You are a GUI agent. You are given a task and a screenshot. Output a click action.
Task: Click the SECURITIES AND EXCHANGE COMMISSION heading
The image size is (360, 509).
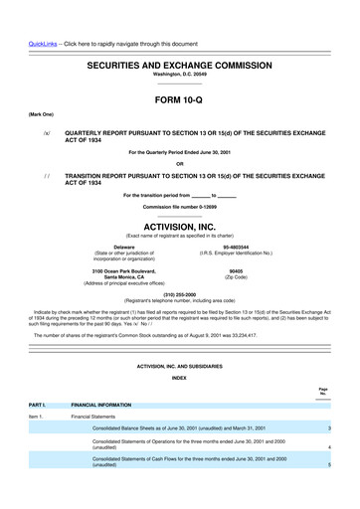180,64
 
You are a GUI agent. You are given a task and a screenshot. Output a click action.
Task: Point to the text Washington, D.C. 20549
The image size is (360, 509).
180,75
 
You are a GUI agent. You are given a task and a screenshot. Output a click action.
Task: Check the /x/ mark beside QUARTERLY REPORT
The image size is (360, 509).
46,132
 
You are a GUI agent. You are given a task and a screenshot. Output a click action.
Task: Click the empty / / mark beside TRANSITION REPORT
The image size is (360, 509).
46,173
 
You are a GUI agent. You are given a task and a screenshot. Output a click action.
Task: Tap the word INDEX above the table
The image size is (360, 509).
180,379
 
